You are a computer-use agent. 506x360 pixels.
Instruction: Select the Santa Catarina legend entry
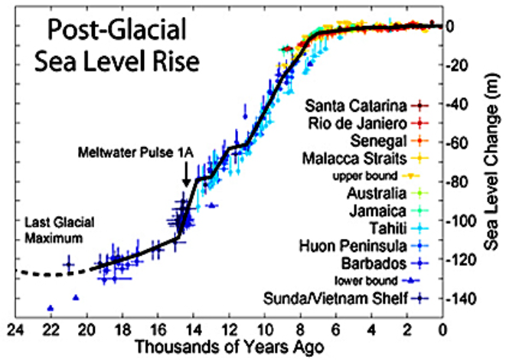coord(355,104)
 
